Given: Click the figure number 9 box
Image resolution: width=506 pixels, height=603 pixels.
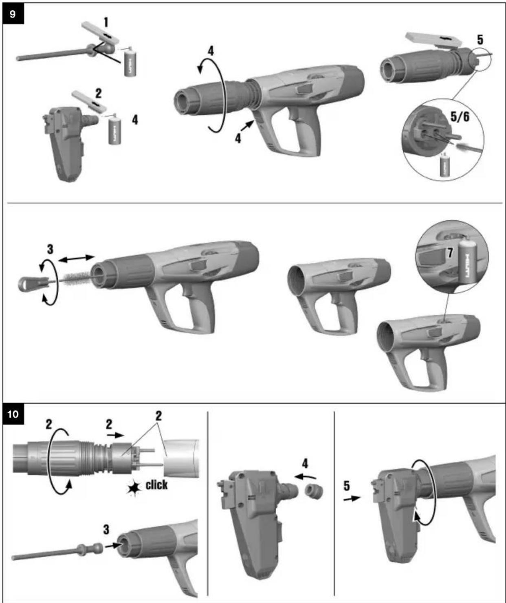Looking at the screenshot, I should pyautogui.click(x=13, y=14).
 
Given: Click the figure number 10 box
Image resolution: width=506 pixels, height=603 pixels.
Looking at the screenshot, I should pyautogui.click(x=13, y=414).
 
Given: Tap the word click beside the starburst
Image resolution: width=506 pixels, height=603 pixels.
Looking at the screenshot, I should pyautogui.click(x=156, y=485).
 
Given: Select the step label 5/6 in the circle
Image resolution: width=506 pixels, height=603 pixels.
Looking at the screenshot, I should pyautogui.click(x=460, y=117).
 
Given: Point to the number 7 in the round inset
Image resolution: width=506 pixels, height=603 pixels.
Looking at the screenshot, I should pyautogui.click(x=449, y=253).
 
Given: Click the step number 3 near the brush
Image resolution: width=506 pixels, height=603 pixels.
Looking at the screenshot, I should pyautogui.click(x=50, y=249).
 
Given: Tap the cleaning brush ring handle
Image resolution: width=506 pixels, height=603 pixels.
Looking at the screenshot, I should pyautogui.click(x=27, y=282).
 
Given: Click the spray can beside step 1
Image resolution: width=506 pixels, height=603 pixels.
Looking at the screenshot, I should pyautogui.click(x=130, y=63).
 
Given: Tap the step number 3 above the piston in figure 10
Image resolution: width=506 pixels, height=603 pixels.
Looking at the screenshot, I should pyautogui.click(x=106, y=529).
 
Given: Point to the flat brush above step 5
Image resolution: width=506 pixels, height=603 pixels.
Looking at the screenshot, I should pyautogui.click(x=433, y=41).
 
